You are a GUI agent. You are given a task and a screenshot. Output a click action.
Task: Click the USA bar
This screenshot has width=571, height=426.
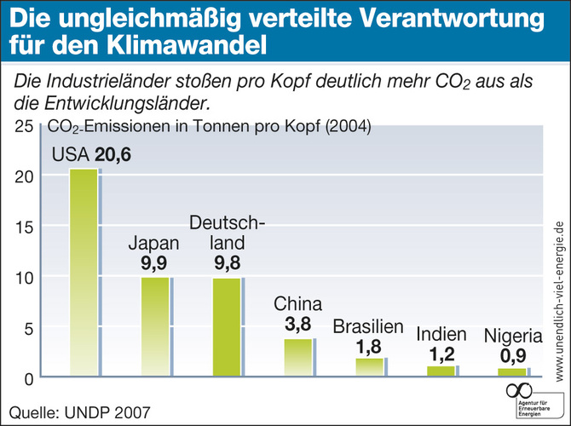pos(84,273)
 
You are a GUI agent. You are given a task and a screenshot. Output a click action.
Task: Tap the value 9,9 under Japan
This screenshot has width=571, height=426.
pos(156,262)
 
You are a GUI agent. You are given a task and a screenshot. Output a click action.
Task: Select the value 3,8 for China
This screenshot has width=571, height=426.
pos(297,324)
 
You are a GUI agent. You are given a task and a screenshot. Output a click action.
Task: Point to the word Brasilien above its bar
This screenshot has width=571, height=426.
pos(367,326)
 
